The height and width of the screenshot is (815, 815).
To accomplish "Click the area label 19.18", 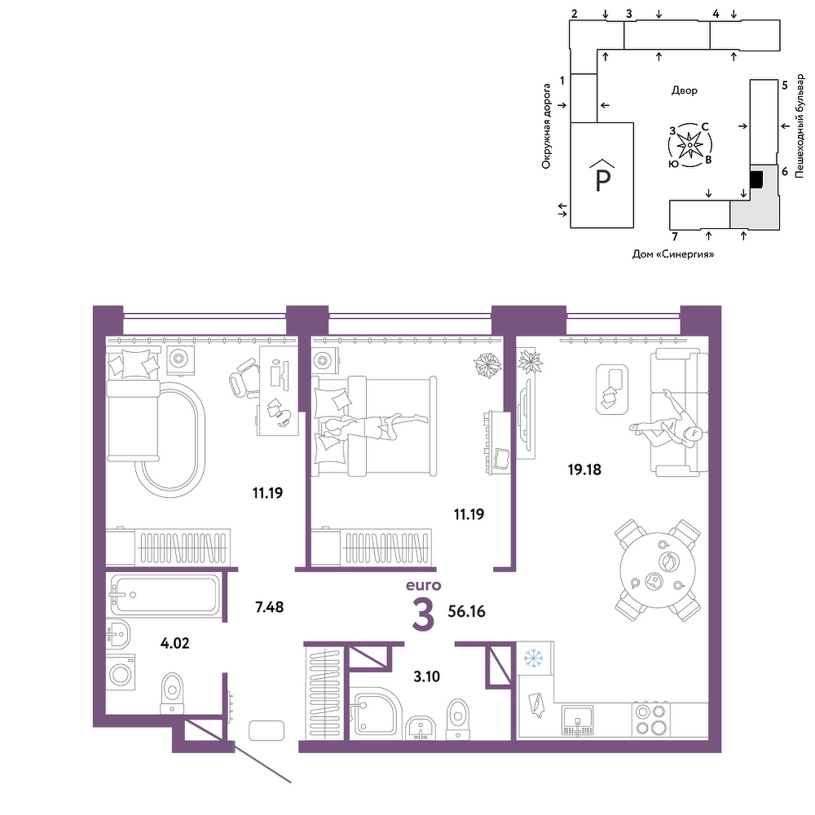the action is tap(584, 469).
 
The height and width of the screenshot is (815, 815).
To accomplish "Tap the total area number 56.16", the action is tap(466, 611).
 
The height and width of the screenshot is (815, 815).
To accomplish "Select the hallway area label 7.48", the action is tap(269, 606).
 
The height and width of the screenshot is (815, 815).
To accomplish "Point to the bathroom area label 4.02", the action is tap(174, 643).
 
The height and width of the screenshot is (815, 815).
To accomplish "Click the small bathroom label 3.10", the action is tap(426, 676).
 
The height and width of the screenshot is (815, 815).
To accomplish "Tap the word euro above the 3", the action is tap(423, 585).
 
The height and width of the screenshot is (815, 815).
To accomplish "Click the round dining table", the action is tap(658, 570).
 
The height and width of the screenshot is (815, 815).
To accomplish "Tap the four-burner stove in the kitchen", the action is tap(651, 720).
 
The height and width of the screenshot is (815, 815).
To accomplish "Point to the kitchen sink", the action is tap(577, 720).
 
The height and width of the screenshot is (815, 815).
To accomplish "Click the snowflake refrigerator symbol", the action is tap(533, 658).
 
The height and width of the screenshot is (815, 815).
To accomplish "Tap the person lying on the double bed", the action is tap(372, 425).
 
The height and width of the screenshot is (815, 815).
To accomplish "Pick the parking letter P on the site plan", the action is tap(602, 180).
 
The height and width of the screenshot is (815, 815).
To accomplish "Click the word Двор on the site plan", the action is tap(684, 90).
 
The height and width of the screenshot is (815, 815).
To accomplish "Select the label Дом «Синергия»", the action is tap(672, 254).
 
